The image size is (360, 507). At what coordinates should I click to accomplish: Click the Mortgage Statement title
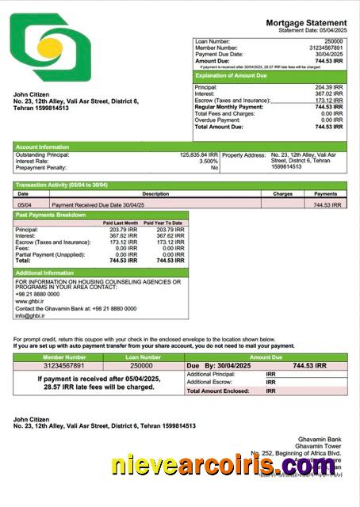pyautogui.click(x=306, y=23)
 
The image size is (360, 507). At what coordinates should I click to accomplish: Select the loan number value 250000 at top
pyautogui.click(x=333, y=40)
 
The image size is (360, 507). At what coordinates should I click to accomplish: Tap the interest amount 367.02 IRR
pyautogui.click(x=328, y=93)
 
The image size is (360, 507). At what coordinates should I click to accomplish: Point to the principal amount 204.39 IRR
pyautogui.click(x=328, y=87)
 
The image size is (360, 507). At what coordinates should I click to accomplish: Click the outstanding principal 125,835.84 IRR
pyautogui.click(x=199, y=154)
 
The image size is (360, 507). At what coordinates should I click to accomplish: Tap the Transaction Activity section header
pyautogui.click(x=61, y=185)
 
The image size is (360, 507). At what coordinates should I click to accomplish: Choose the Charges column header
pyautogui.click(x=282, y=193)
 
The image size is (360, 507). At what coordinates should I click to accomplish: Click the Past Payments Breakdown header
pyautogui.click(x=50, y=215)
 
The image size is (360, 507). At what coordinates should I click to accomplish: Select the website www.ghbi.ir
pyautogui.click(x=30, y=301)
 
